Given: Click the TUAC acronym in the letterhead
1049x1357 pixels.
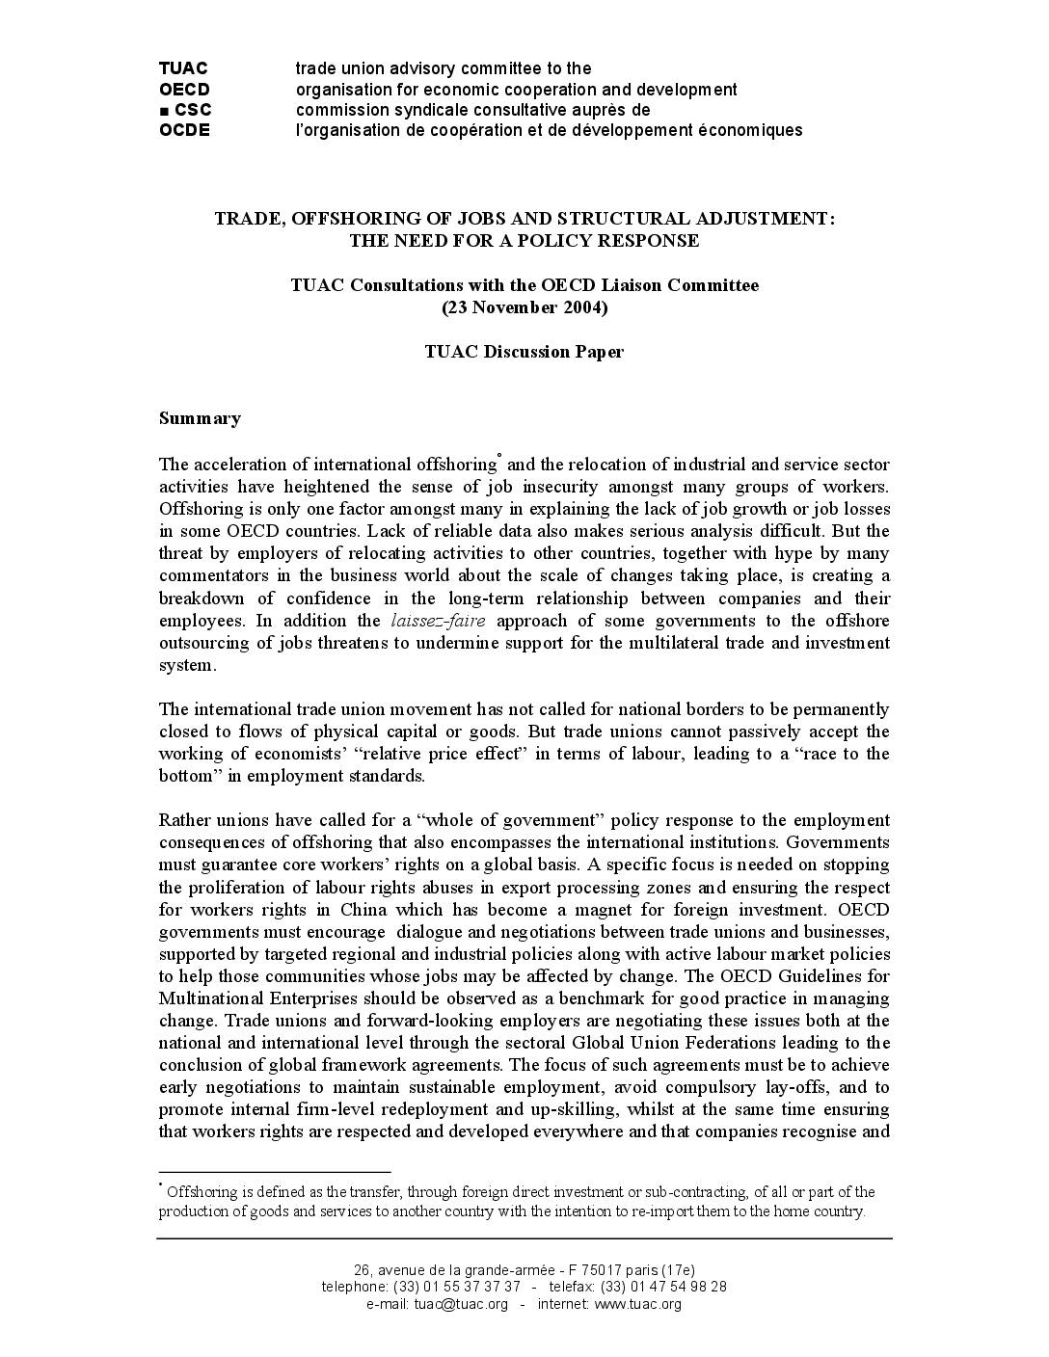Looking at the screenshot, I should click(183, 68).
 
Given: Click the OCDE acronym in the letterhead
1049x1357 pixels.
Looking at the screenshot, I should click(184, 130).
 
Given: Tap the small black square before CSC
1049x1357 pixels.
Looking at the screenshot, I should click(164, 111).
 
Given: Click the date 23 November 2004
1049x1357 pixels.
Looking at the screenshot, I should click(524, 307).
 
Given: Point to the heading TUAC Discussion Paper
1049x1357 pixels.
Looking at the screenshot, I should click(524, 352).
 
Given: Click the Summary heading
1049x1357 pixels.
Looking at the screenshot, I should click(200, 418).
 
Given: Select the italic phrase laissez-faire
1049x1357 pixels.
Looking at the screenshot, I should click(438, 621).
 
